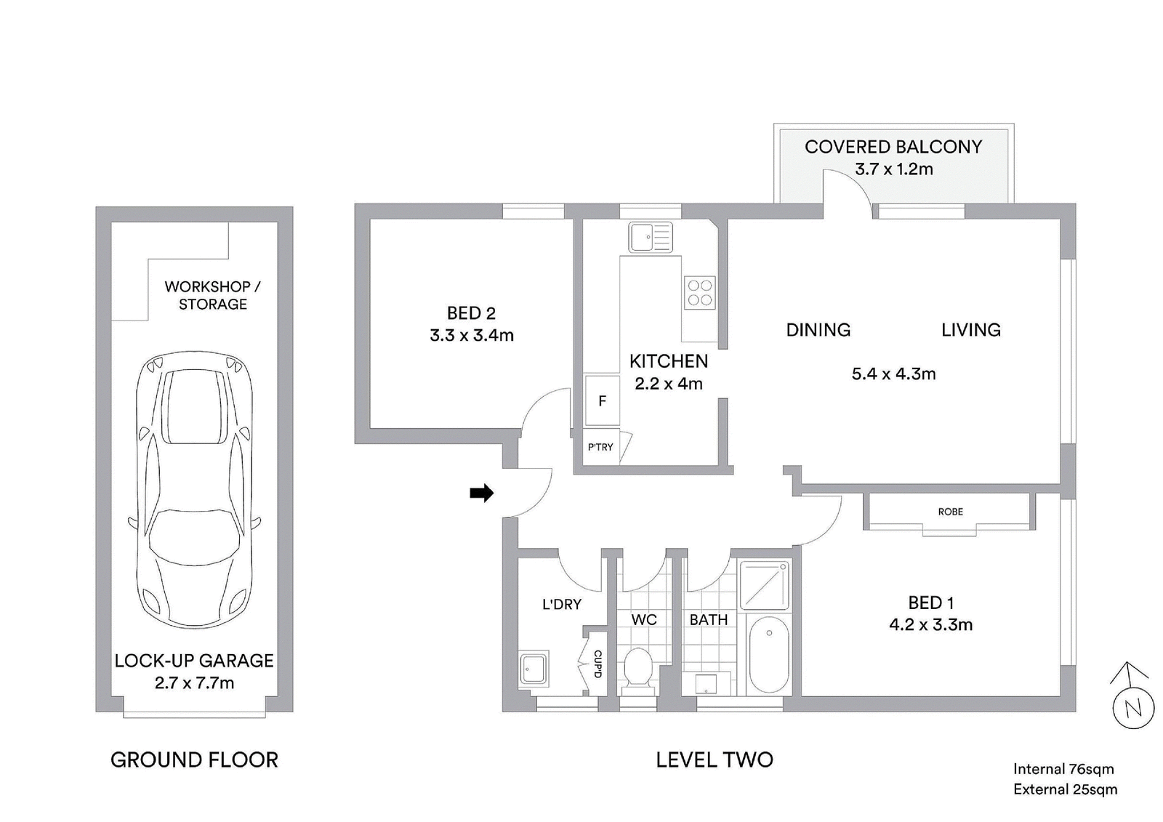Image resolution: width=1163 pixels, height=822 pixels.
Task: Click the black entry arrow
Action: click(x=481, y=493)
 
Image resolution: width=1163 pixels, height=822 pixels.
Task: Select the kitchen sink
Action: click(x=650, y=237)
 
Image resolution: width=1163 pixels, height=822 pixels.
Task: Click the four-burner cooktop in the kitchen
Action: click(x=699, y=292)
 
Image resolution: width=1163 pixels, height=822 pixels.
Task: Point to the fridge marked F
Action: click(x=603, y=401)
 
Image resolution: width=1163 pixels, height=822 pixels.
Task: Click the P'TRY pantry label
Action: click(x=600, y=446)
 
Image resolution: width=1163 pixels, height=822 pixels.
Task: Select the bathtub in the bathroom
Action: click(x=769, y=655)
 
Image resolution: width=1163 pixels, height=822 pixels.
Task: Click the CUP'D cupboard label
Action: click(x=597, y=664)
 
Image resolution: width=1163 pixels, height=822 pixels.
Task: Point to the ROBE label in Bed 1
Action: click(x=950, y=512)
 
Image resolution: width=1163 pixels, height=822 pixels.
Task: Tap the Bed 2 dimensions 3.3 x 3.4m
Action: click(x=472, y=336)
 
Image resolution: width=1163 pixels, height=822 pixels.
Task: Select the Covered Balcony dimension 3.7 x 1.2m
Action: click(x=893, y=169)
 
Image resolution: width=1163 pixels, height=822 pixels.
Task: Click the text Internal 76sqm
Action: click(x=1063, y=768)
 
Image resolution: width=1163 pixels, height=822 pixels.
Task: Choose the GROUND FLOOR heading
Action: click(x=194, y=759)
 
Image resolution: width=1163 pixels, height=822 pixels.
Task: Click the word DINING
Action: click(x=818, y=330)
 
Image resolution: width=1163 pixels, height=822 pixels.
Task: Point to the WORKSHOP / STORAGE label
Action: click(x=212, y=295)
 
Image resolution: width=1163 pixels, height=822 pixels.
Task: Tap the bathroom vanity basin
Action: click(x=706, y=683)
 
